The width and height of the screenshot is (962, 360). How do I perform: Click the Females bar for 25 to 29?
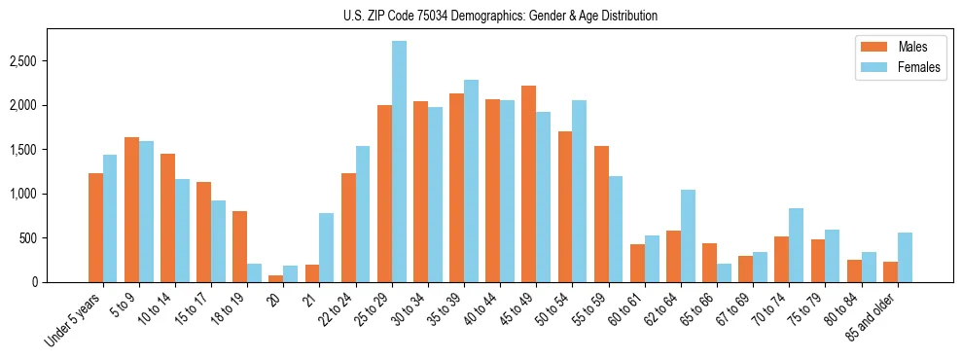coord(400,162)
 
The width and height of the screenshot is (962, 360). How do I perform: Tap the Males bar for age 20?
coord(276,278)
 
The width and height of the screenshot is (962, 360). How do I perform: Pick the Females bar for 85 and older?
coord(906,258)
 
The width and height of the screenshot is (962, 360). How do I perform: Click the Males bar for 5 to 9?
coord(132,209)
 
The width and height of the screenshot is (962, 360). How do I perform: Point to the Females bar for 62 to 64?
coord(689,235)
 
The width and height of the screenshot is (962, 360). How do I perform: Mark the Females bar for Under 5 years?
coord(110,218)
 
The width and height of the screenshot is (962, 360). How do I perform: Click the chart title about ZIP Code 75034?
coord(500,16)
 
